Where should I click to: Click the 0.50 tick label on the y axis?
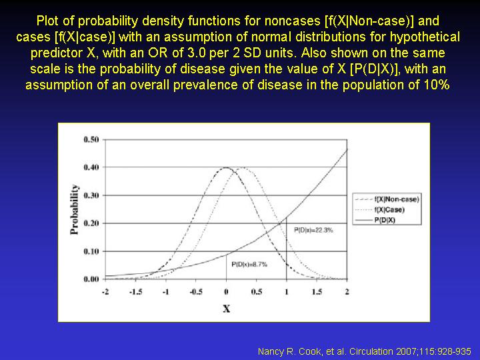coord(91,139)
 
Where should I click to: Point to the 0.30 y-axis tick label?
coord(91,195)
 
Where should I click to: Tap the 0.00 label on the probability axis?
coord(91,279)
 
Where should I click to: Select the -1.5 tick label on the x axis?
coord(135,292)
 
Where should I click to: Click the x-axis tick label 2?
coord(347,292)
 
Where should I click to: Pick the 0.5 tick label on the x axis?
coord(257,292)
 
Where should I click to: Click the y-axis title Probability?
coord(75,209)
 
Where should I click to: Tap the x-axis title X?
coord(226,309)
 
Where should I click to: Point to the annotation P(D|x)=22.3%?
coord(313,230)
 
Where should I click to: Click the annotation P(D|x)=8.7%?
coord(249,264)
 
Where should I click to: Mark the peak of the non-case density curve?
coord(226,167)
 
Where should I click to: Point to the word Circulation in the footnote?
coord(371,351)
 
